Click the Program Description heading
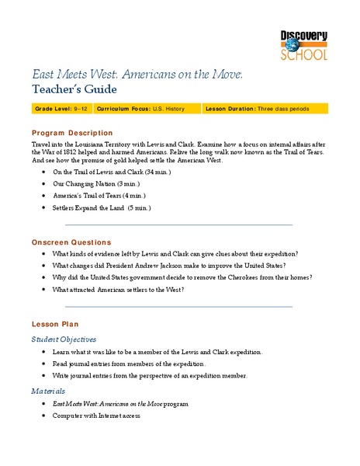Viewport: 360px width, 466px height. (72, 133)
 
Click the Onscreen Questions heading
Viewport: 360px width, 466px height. (71, 242)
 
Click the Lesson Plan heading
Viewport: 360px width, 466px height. (54, 323)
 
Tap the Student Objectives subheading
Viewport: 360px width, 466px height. (64, 339)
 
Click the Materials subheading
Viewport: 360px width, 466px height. (48, 391)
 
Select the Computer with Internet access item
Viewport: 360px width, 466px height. (96, 416)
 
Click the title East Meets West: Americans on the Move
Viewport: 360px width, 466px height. (137, 73)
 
